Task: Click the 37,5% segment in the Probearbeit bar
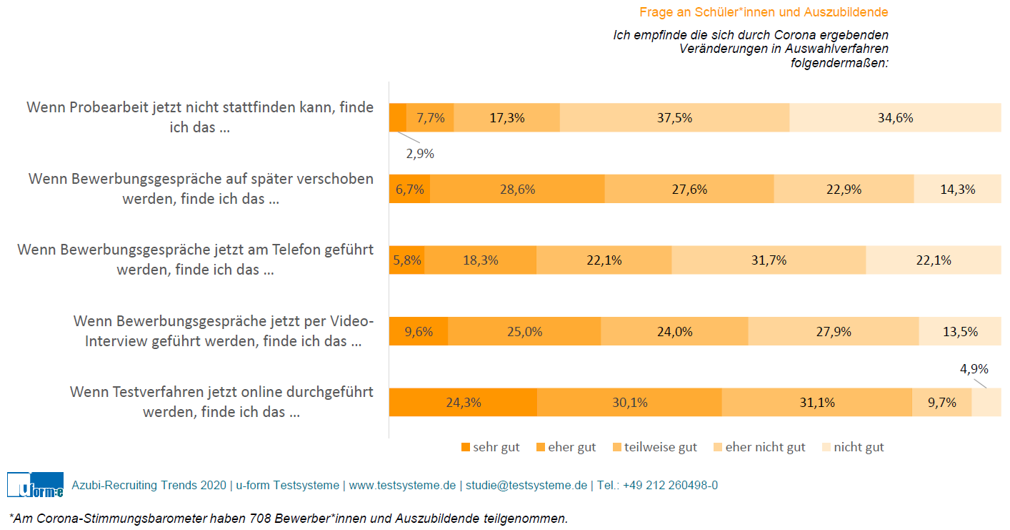click(x=674, y=118)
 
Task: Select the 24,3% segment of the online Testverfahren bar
click(x=463, y=403)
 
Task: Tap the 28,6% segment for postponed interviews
click(x=517, y=190)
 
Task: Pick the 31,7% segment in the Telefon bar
click(x=769, y=260)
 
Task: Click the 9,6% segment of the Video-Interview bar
click(x=419, y=332)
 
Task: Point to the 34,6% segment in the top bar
click(x=895, y=118)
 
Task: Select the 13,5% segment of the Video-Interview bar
click(x=960, y=332)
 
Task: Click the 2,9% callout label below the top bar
click(x=419, y=154)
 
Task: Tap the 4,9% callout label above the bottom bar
click(x=974, y=369)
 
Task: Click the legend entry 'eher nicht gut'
click(x=764, y=448)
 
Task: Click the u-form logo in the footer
click(x=35, y=485)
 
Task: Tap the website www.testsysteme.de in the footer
click(x=401, y=485)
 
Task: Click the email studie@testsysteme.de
click(x=526, y=485)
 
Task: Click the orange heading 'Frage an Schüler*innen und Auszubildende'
click(x=764, y=12)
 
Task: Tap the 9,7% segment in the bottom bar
click(x=941, y=403)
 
